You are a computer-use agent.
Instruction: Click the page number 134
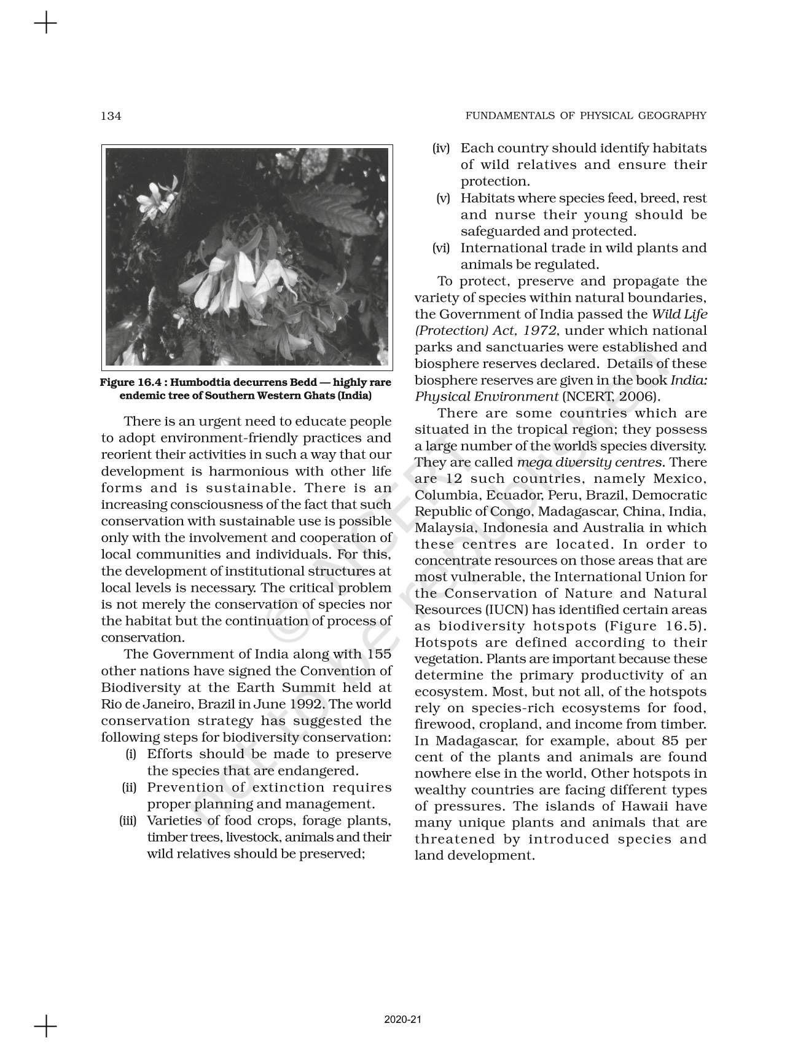point(111,116)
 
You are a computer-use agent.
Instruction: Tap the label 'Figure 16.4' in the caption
point(126,383)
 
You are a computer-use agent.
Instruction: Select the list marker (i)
point(131,754)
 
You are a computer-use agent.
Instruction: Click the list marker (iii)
point(127,821)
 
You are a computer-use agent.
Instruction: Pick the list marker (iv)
point(441,149)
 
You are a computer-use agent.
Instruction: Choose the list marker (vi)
point(441,248)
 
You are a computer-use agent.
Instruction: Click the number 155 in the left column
point(378,654)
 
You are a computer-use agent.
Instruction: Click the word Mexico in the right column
point(679,479)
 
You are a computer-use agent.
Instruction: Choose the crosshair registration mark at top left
point(45,24)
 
